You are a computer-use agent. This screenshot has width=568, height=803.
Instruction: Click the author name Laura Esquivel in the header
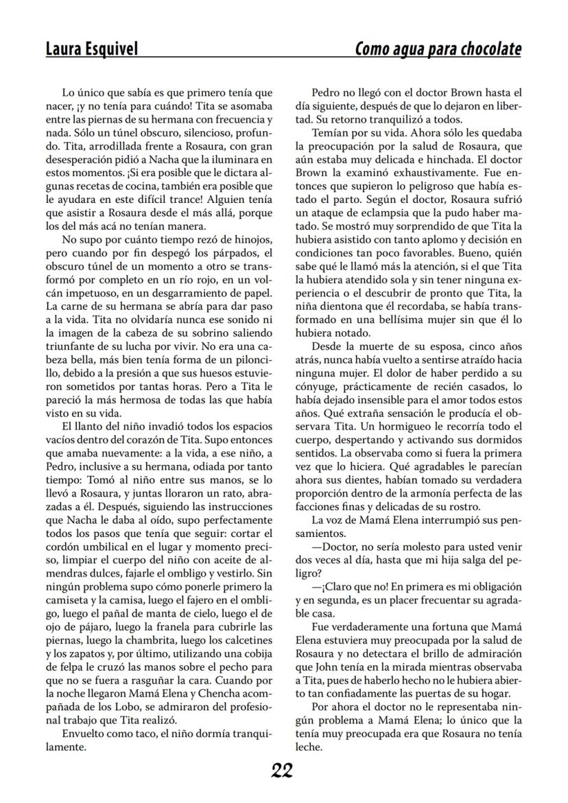pyautogui.click(x=91, y=49)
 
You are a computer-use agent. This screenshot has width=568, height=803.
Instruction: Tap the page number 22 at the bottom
pyautogui.click(x=282, y=771)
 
